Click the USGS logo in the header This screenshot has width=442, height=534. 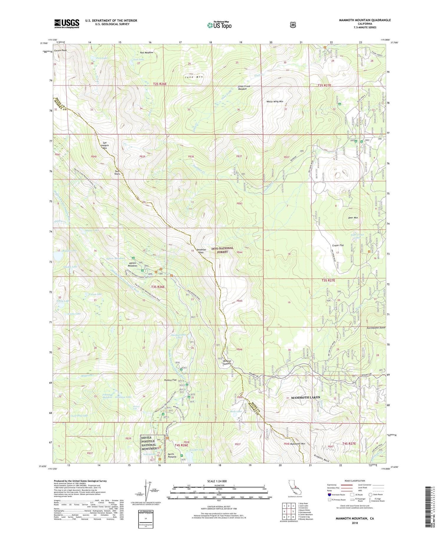click(67, 23)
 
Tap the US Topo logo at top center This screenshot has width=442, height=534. click(219, 25)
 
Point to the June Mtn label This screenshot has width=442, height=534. click(194, 77)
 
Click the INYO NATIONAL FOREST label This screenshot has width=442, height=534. click(222, 250)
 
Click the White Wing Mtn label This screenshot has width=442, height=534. click(275, 101)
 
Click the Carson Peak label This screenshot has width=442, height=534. click(60, 50)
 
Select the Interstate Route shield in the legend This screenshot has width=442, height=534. click(329, 495)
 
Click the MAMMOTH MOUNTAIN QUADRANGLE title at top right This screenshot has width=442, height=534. click(365, 20)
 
